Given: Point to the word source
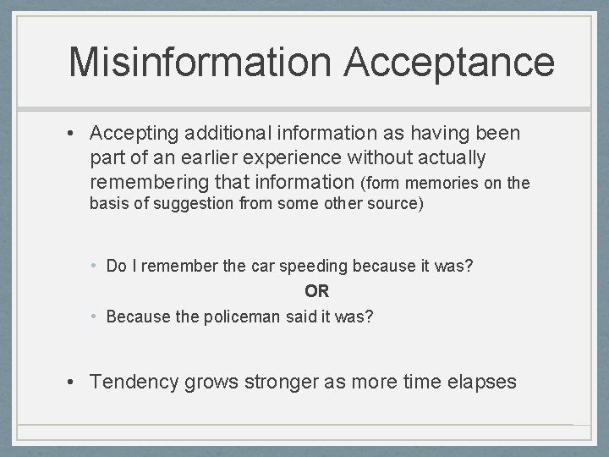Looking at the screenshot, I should click(x=390, y=203).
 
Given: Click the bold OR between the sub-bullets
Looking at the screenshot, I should click(x=316, y=291).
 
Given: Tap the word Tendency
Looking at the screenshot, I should click(x=135, y=382).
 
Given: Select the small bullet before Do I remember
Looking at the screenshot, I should click(x=95, y=266).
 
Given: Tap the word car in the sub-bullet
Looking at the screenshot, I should click(x=239, y=266).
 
